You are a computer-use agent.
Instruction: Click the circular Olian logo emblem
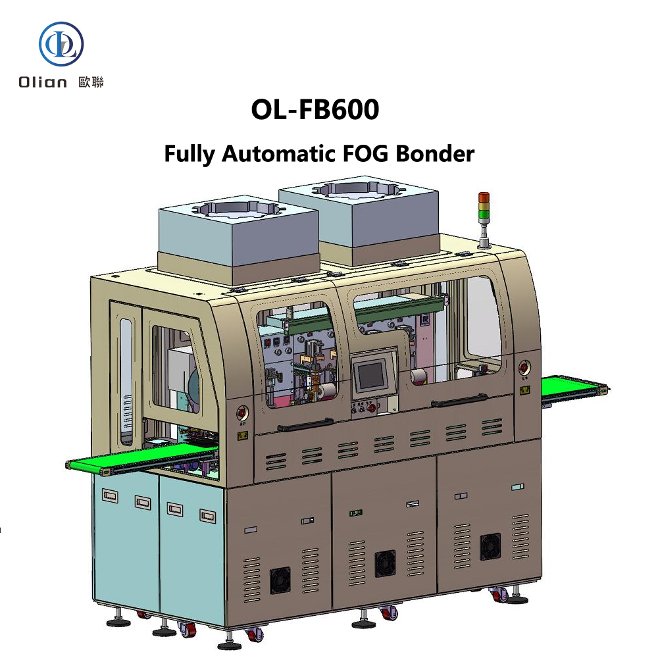coord(61,45)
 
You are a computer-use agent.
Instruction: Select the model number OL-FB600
coord(315,110)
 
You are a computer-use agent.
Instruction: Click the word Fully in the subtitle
coord(190,154)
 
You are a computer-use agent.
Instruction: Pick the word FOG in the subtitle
coord(363,153)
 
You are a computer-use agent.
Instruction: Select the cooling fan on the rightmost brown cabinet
coord(490,544)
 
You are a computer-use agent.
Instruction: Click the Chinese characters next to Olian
coord(91,82)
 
